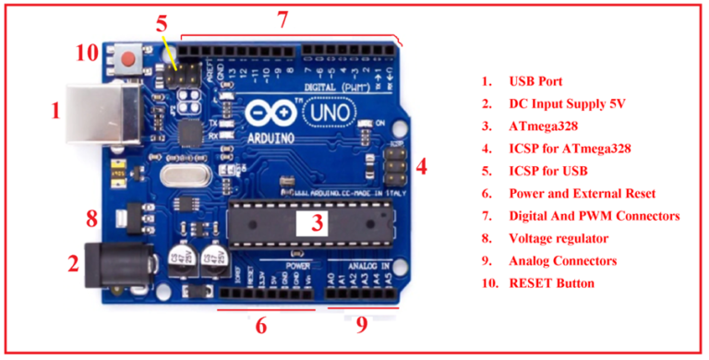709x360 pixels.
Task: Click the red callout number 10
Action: (86, 53)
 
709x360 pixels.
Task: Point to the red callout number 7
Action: (282, 18)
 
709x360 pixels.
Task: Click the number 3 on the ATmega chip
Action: (315, 222)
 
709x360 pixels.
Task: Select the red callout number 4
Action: (421, 167)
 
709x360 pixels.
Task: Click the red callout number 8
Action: (91, 219)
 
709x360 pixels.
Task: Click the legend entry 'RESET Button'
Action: (551, 282)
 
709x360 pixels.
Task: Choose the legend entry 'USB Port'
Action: (535, 82)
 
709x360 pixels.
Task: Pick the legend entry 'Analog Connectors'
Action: (562, 260)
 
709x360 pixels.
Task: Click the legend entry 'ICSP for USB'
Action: (548, 171)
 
